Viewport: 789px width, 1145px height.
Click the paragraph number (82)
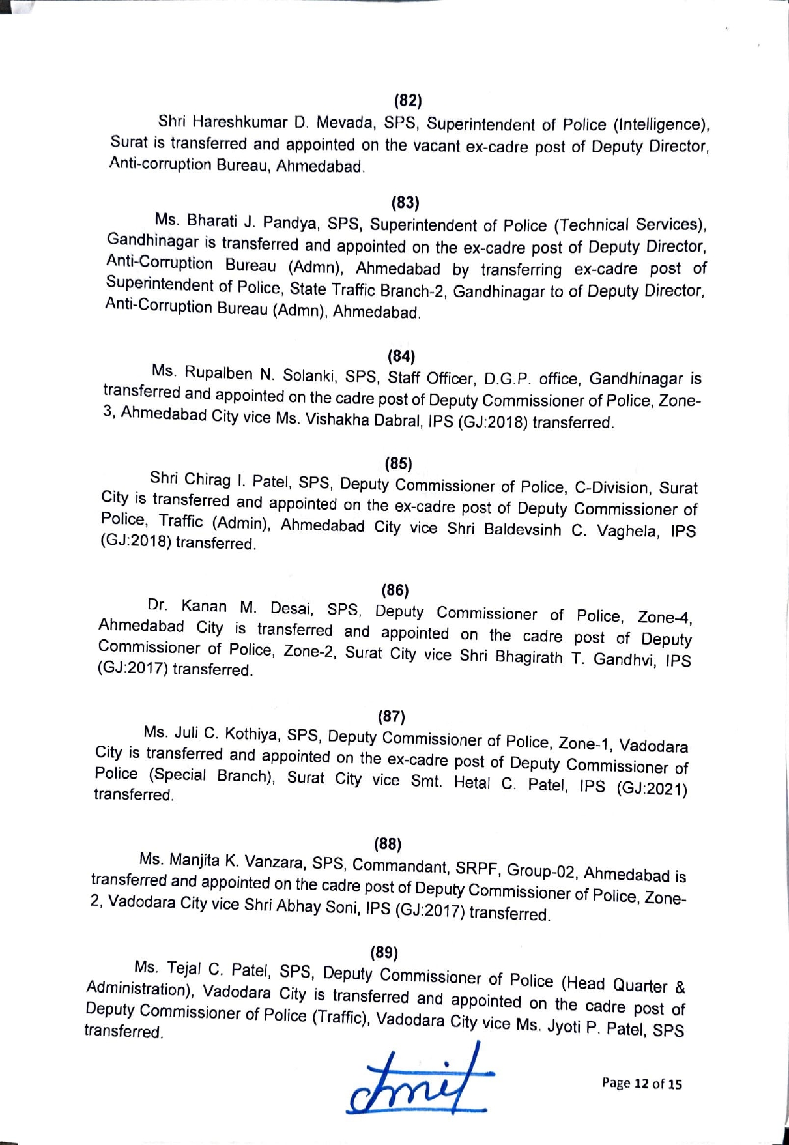409,100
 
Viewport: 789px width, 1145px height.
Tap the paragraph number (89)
384,952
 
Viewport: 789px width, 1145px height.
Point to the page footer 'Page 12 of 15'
642,1084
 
